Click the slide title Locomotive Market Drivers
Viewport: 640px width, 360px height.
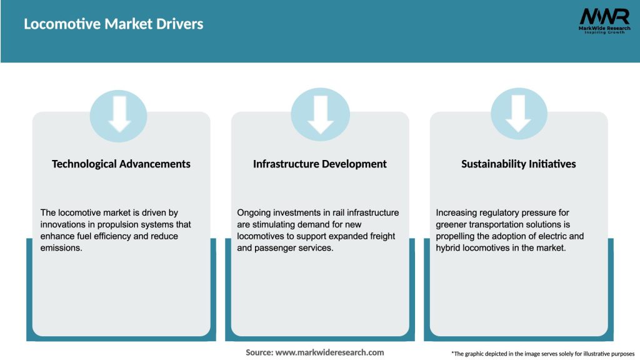pyautogui.click(x=113, y=24)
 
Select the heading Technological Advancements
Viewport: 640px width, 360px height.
pyautogui.click(x=121, y=164)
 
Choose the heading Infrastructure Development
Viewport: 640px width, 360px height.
pyautogui.click(x=320, y=164)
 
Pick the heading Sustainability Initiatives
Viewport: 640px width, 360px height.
pyautogui.click(x=519, y=164)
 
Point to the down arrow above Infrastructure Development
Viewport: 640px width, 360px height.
pyautogui.click(x=320, y=113)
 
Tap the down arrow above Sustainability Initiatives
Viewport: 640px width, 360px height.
pyautogui.click(x=519, y=113)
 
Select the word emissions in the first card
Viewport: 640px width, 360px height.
pyautogui.click(x=62, y=247)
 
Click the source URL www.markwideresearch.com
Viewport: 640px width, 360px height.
pyautogui.click(x=329, y=352)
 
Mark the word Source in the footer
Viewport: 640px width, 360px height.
pyautogui.click(x=259, y=352)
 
